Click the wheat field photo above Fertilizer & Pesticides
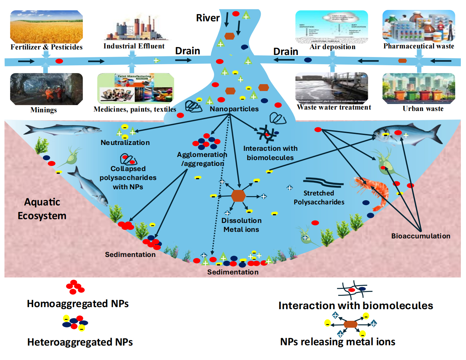click(x=46, y=27)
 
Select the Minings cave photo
click(x=46, y=89)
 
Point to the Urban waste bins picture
click(x=419, y=88)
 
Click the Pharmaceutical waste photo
click(x=419, y=26)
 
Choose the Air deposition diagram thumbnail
click(x=331, y=27)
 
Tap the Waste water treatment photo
click(x=331, y=88)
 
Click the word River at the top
click(x=208, y=18)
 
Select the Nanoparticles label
click(x=234, y=109)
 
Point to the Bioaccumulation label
click(x=421, y=236)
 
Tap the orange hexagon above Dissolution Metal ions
click(x=238, y=196)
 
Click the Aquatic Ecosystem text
click(x=42, y=209)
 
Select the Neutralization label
click(x=125, y=143)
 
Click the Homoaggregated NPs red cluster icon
click(x=75, y=287)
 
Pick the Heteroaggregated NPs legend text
click(x=80, y=342)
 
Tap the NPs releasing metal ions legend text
click(x=338, y=342)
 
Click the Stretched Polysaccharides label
click(x=319, y=198)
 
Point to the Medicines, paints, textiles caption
click(x=135, y=109)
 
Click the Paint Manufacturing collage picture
click(x=136, y=88)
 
